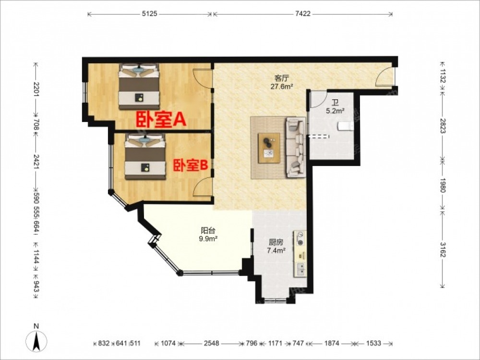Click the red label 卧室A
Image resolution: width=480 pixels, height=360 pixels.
(x=161, y=120)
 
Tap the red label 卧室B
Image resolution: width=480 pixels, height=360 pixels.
(x=191, y=166)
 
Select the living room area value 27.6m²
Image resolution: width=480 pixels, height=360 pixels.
(x=282, y=86)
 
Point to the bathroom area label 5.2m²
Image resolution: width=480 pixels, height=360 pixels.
(x=335, y=111)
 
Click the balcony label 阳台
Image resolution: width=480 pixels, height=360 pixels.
(x=208, y=230)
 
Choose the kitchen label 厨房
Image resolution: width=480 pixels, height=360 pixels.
(x=276, y=243)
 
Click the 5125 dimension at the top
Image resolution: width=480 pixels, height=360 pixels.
(x=150, y=14)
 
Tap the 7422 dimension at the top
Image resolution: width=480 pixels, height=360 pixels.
(x=303, y=14)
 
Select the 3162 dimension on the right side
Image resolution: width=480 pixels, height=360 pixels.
(x=443, y=250)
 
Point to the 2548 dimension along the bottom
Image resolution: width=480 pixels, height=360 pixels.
(x=212, y=343)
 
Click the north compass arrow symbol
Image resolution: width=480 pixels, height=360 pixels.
(x=36, y=341)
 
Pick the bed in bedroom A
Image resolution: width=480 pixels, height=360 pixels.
(x=139, y=86)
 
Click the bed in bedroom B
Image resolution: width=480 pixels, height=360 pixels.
(x=145, y=156)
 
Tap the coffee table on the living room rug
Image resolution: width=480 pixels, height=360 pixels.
(x=269, y=148)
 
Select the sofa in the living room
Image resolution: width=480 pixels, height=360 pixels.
(x=296, y=147)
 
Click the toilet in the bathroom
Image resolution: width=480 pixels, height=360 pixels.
(x=346, y=126)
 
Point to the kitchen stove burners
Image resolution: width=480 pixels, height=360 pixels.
(x=300, y=239)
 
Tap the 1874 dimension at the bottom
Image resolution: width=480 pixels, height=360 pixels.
(x=332, y=343)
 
